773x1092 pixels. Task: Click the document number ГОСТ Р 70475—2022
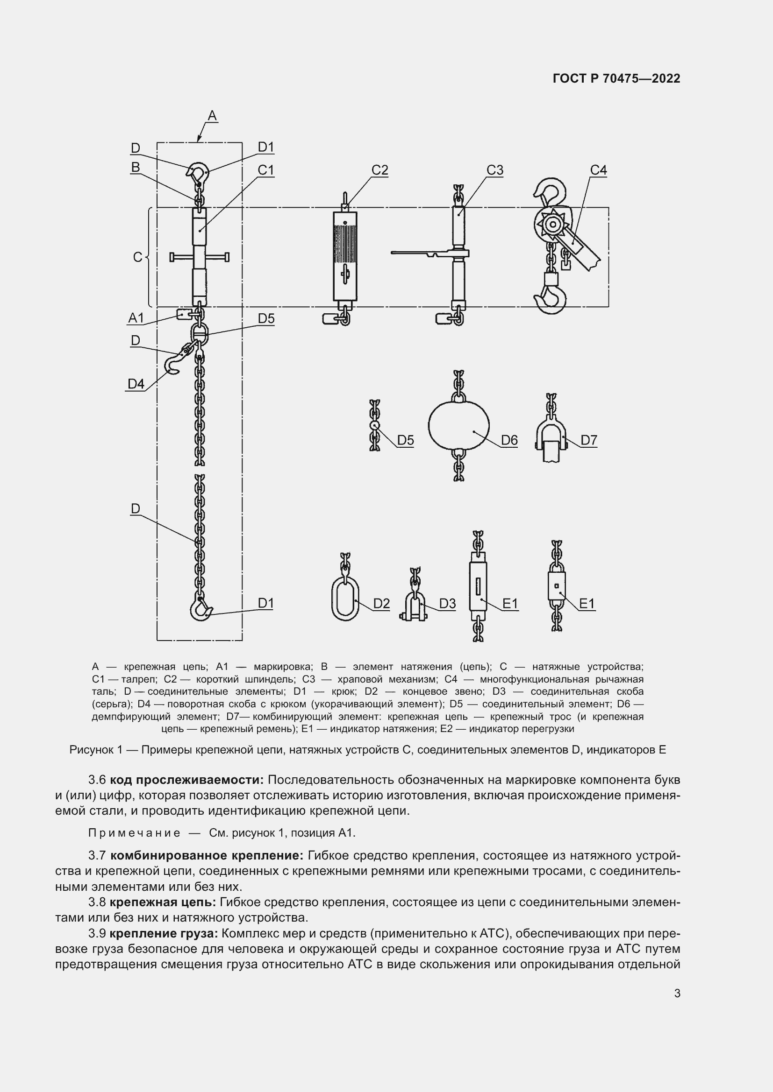[x=616, y=79]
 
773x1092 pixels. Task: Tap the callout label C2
[x=379, y=170]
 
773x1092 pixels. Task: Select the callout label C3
[x=494, y=170]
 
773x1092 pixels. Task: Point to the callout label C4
[x=598, y=170]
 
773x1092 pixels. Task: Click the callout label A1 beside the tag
[x=136, y=318]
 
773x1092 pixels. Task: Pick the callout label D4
[x=136, y=384]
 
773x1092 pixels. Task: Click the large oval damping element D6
[x=458, y=425]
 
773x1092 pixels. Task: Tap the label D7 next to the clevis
[x=589, y=440]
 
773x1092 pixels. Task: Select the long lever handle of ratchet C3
[x=419, y=253]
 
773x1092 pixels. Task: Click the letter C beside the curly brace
[x=137, y=257]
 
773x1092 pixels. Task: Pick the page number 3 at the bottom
[x=677, y=993]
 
